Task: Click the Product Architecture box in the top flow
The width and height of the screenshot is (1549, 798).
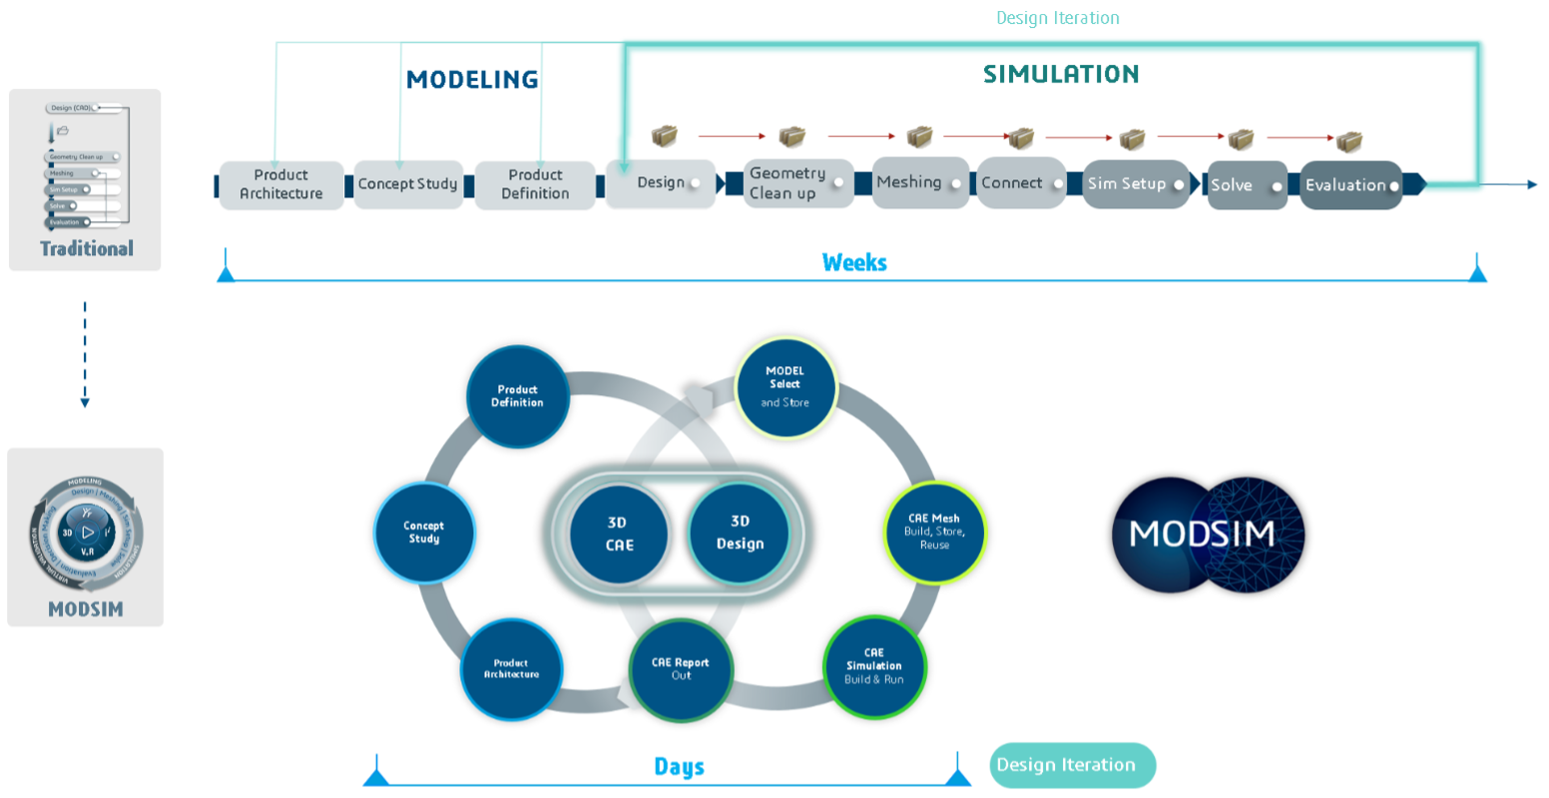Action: [280, 185]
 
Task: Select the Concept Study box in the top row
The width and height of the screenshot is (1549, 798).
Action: [407, 185]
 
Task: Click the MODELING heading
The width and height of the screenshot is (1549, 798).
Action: [472, 80]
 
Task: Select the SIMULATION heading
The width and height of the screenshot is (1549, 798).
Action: [1061, 75]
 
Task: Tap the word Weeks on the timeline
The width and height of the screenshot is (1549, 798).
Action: [854, 262]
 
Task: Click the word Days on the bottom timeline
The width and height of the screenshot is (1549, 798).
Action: [679, 767]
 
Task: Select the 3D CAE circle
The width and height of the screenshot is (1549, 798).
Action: [619, 534]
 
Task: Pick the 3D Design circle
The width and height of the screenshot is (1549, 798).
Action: [740, 533]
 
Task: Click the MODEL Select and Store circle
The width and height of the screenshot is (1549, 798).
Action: [785, 386]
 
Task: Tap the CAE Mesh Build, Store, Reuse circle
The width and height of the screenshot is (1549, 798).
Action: [934, 532]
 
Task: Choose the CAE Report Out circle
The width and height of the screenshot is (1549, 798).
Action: [681, 669]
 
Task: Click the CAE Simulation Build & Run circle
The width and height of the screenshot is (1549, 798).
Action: [874, 666]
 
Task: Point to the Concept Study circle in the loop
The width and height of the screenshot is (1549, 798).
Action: [424, 533]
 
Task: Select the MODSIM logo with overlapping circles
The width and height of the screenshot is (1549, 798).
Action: [1209, 535]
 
